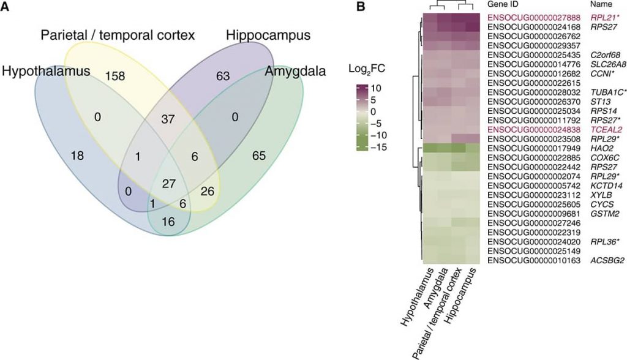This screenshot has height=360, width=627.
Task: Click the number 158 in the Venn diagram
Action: click(x=116, y=76)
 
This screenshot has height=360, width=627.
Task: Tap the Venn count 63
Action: click(x=223, y=75)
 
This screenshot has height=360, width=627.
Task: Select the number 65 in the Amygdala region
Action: click(x=259, y=156)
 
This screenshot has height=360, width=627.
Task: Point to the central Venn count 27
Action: click(x=168, y=184)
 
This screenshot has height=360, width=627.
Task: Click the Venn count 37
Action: click(x=168, y=119)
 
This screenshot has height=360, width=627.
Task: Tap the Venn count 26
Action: click(x=208, y=191)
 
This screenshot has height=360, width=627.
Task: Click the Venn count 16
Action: click(x=168, y=221)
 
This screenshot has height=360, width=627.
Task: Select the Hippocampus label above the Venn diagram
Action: click(x=268, y=35)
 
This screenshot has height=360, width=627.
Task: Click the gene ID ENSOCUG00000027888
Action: click(x=534, y=18)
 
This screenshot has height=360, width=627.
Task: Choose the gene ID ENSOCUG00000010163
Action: click(x=534, y=260)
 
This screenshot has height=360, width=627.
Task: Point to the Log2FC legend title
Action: click(x=367, y=69)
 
